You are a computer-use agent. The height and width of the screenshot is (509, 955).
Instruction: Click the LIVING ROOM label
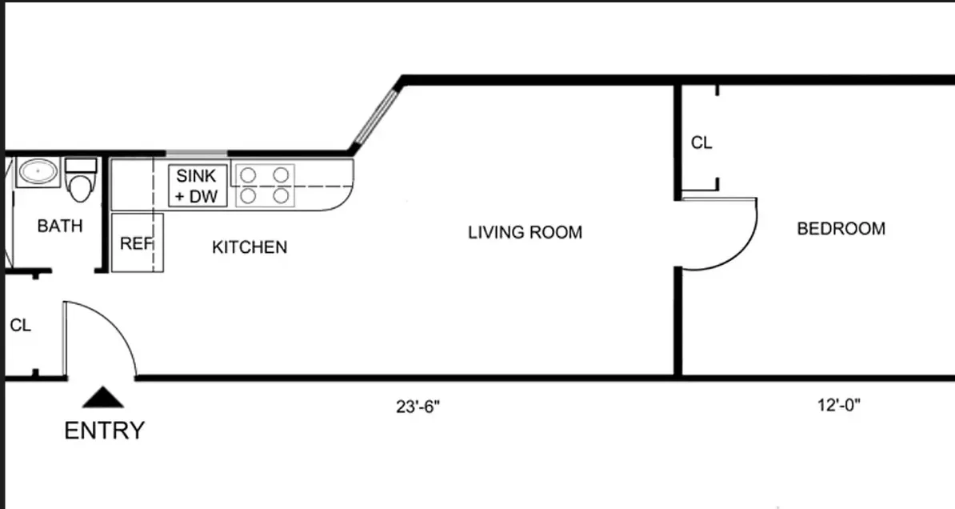pos(525,232)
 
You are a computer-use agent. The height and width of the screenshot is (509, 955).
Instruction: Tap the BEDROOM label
pos(841,229)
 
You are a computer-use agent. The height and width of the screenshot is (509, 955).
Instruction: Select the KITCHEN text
pos(249,247)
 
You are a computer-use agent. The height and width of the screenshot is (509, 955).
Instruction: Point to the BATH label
pos(60,226)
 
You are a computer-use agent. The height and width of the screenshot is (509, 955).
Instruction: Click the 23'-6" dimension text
pos(418,406)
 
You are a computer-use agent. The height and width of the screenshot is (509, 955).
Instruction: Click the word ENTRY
pos(104,431)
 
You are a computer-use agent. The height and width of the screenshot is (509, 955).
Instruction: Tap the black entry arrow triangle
pos(104,397)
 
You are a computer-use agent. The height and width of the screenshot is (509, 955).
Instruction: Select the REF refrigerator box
pos(137,243)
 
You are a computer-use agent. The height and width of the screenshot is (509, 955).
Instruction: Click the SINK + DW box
pos(198,186)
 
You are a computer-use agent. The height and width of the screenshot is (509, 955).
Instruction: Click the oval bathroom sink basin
pos(38,172)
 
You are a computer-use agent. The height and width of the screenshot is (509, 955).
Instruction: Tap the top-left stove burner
pos(249,173)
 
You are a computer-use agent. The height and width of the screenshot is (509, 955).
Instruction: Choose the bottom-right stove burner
pos(280,194)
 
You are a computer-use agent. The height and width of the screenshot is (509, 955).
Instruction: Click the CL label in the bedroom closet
pos(701,143)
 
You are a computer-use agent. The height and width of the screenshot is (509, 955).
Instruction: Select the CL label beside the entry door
pos(20,326)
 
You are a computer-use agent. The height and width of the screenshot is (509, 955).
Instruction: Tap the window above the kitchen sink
pos(197,153)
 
